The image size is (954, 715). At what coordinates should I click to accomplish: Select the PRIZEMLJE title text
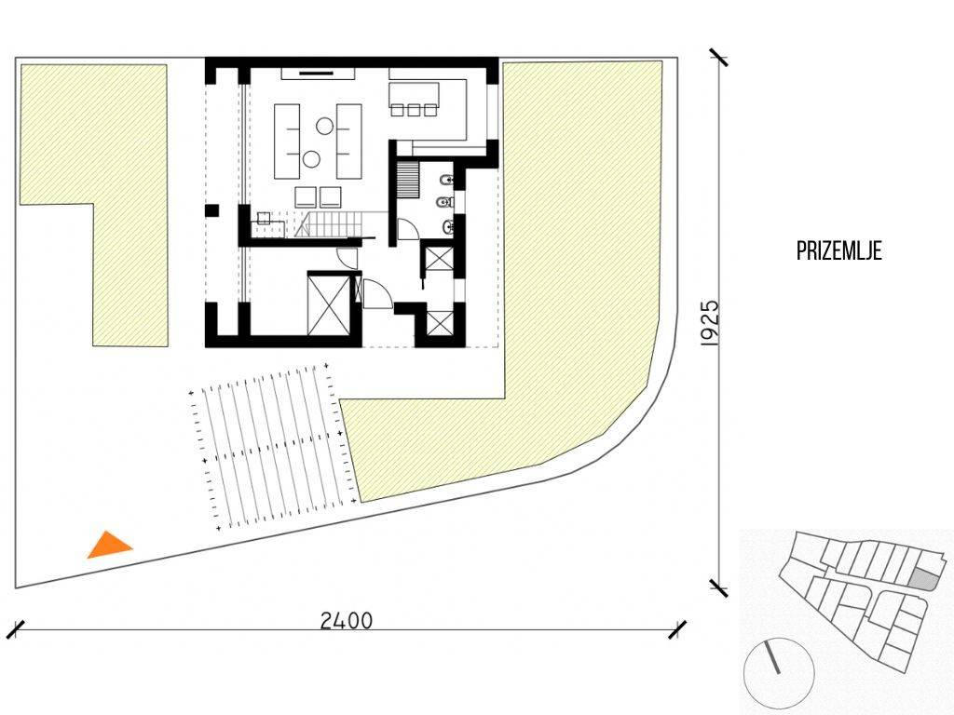839,251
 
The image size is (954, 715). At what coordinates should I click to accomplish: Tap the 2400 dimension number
347,621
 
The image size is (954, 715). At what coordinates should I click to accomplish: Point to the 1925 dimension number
710,323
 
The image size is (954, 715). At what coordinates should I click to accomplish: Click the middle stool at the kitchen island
414,110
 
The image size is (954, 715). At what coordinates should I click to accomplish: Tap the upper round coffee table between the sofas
323,126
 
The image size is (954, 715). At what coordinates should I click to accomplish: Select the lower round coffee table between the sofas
311,159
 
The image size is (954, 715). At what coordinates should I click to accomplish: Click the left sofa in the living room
287,142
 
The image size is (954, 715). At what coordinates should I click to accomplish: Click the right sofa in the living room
348,142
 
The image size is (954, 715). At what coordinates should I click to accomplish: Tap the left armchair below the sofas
305,197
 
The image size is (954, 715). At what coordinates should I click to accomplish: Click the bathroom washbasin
448,227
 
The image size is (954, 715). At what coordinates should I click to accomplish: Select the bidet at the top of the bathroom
445,180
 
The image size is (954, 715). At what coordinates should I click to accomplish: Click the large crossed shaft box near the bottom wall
329,304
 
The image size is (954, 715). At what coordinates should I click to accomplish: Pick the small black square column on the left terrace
211,211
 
